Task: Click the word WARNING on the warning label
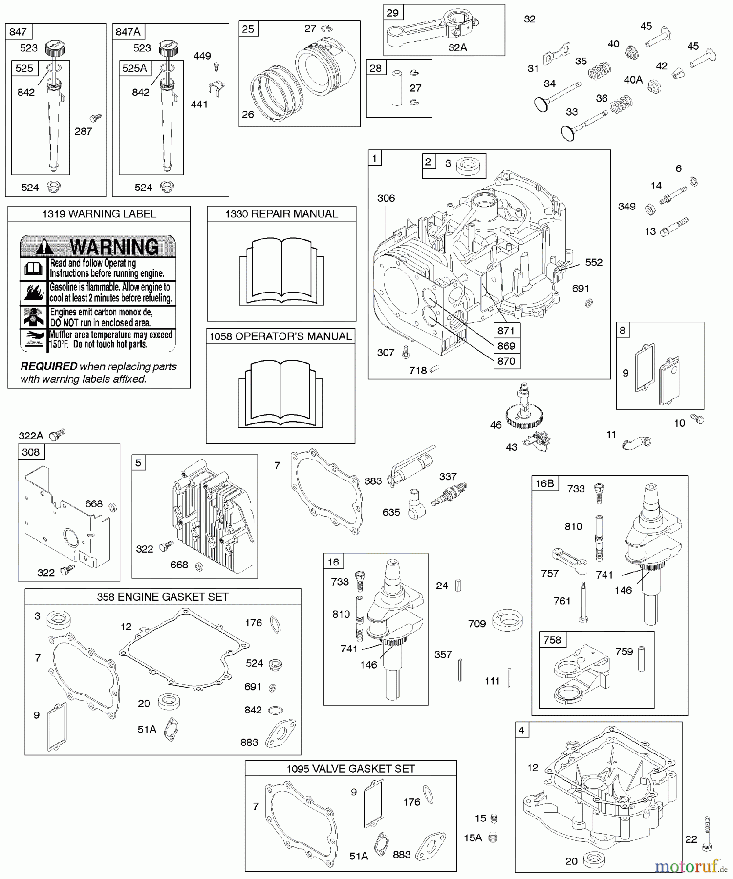coord(114,247)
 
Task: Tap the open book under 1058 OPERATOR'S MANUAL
coord(280,393)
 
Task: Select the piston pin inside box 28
coord(396,88)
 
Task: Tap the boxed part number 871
coord(506,331)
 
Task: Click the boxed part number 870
coord(506,361)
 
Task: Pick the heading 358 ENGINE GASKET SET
coord(163,597)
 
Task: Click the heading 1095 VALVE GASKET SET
coord(350,769)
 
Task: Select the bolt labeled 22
coord(707,834)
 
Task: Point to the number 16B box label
coord(545,483)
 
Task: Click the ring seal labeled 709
coord(507,620)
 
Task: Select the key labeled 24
coord(458,585)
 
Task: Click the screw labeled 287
coord(95,118)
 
